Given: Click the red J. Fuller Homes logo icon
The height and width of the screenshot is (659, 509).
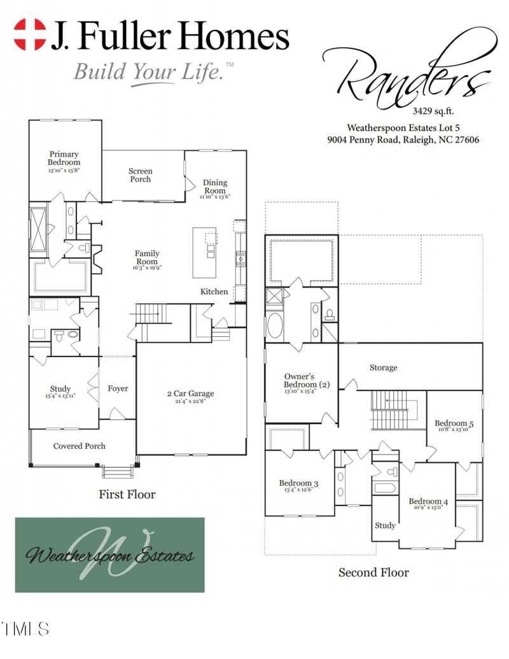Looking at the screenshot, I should click(31, 34).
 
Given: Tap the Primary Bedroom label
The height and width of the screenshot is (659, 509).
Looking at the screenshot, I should click(64, 159).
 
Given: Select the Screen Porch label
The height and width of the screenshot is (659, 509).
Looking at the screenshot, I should click(141, 175).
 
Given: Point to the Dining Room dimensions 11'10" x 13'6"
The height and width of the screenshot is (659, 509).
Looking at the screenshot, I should click(214, 197).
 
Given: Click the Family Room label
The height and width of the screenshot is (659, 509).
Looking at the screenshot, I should click(147, 257).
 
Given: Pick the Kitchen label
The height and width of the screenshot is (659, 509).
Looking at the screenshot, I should click(214, 292).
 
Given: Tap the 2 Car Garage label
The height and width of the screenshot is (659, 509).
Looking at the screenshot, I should click(191, 393).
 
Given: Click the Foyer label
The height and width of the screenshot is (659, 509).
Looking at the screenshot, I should click(118, 388).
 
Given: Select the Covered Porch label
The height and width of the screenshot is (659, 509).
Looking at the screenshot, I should click(80, 446).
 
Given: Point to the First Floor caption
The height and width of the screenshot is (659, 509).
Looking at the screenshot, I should click(127, 494).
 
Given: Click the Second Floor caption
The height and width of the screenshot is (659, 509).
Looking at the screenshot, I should click(373, 572).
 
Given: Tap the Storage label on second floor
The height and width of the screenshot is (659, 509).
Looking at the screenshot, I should click(383, 367).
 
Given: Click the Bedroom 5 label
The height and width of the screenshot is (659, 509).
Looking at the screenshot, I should click(454, 423).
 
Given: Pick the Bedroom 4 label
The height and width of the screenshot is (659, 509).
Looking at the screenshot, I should click(428, 502).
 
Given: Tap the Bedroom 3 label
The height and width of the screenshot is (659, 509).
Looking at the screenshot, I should click(298, 484).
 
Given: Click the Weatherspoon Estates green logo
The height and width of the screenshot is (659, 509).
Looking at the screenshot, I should click(110, 555).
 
